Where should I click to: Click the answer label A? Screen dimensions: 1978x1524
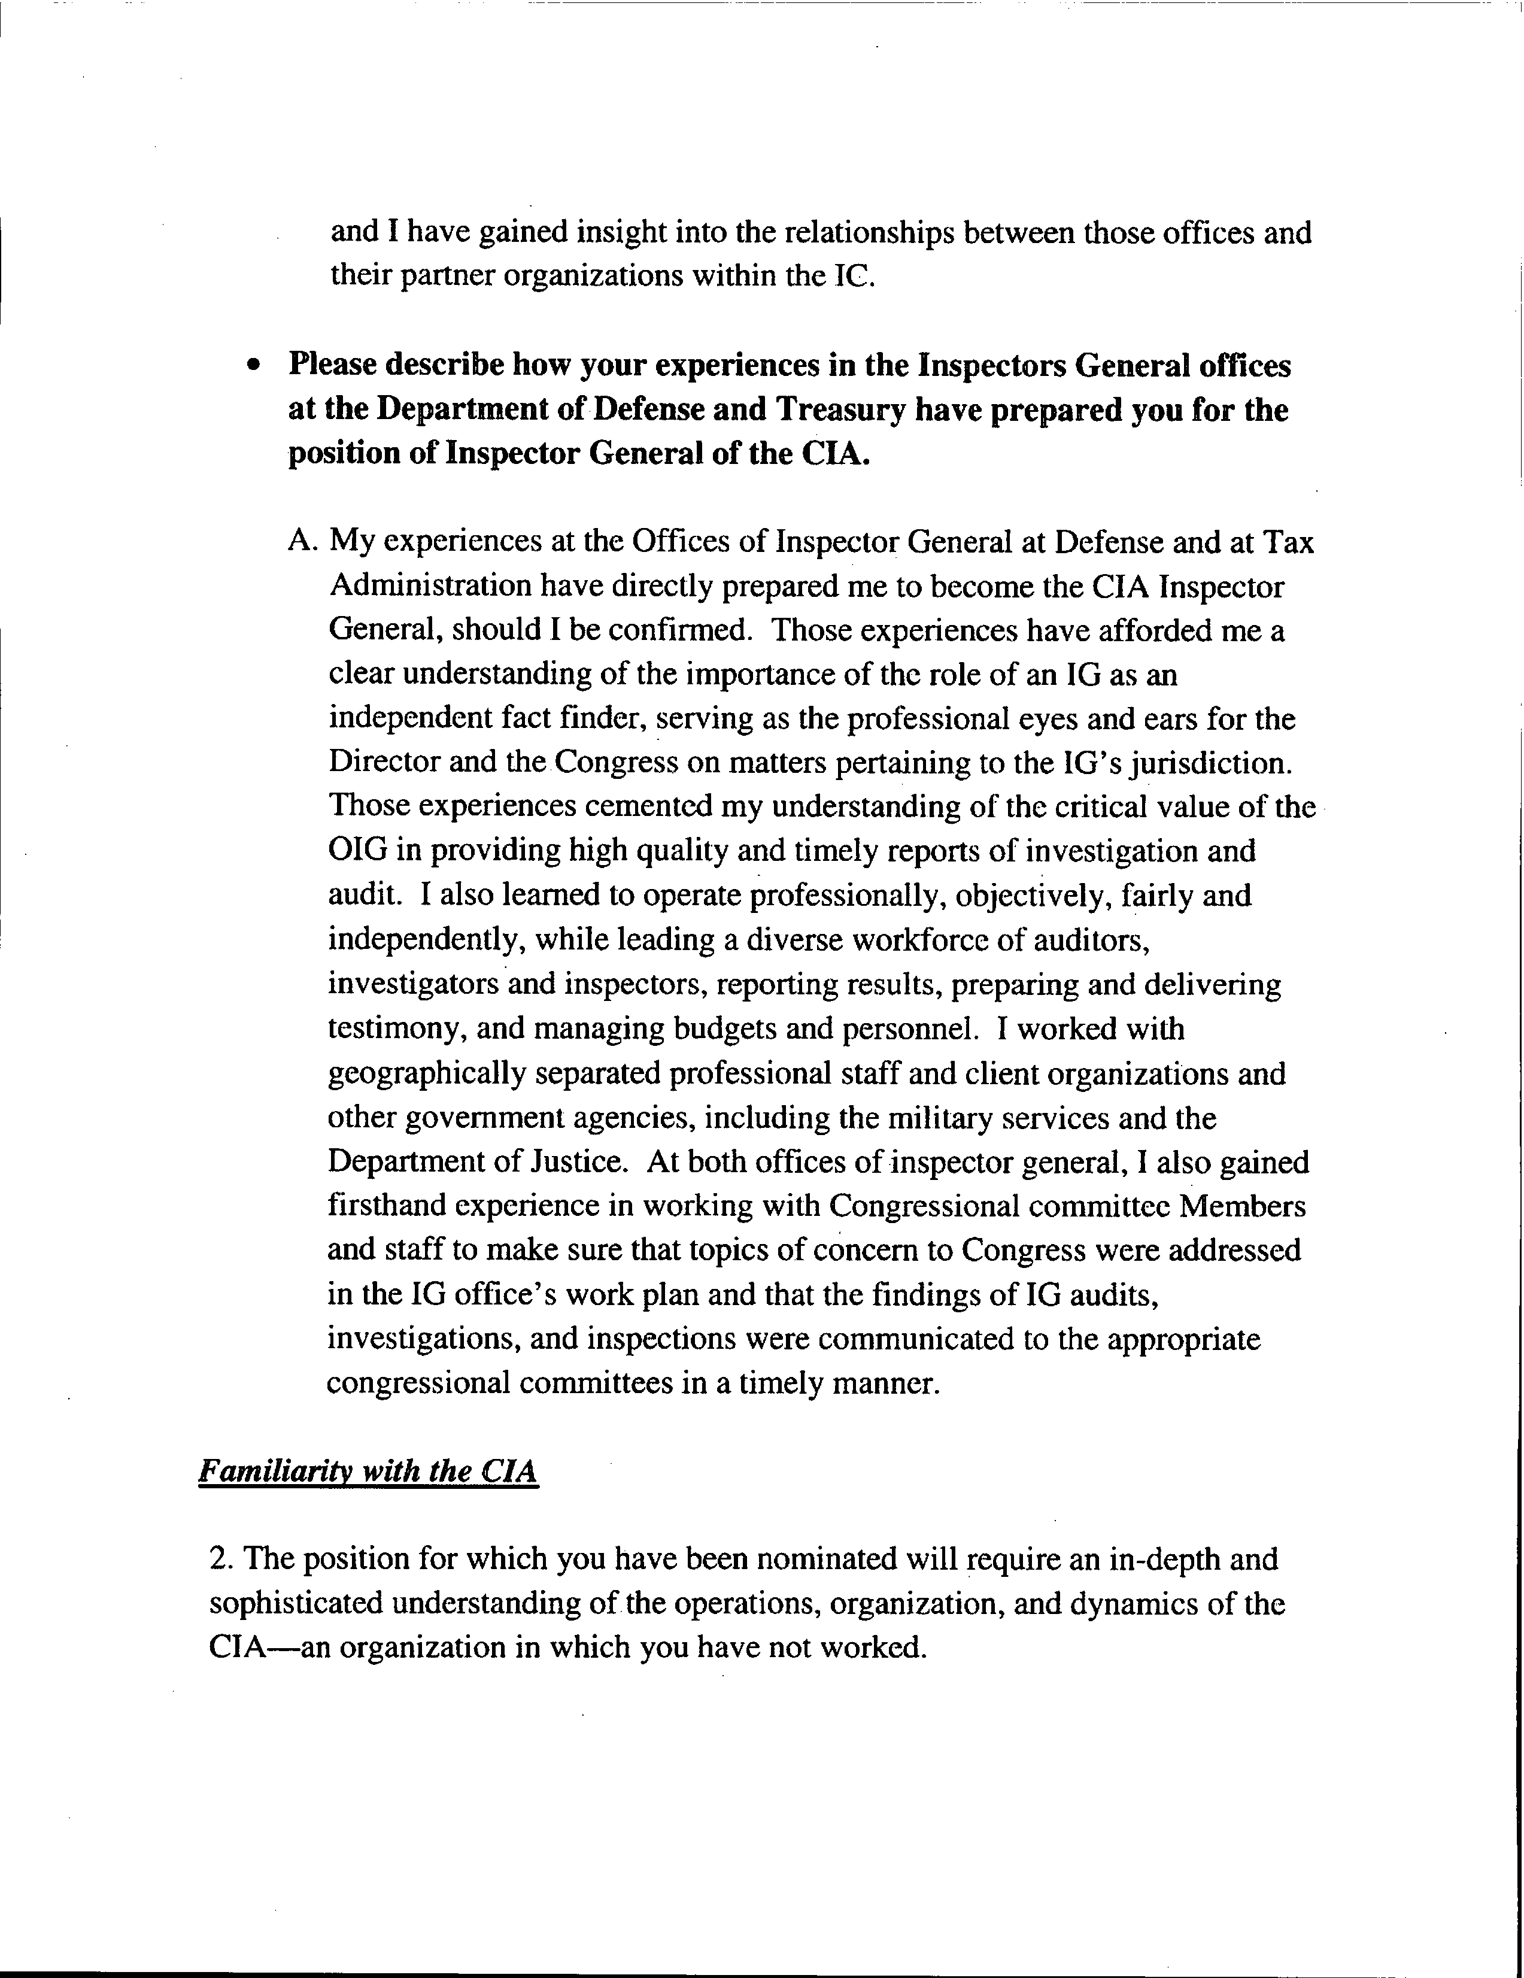[x=302, y=542]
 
